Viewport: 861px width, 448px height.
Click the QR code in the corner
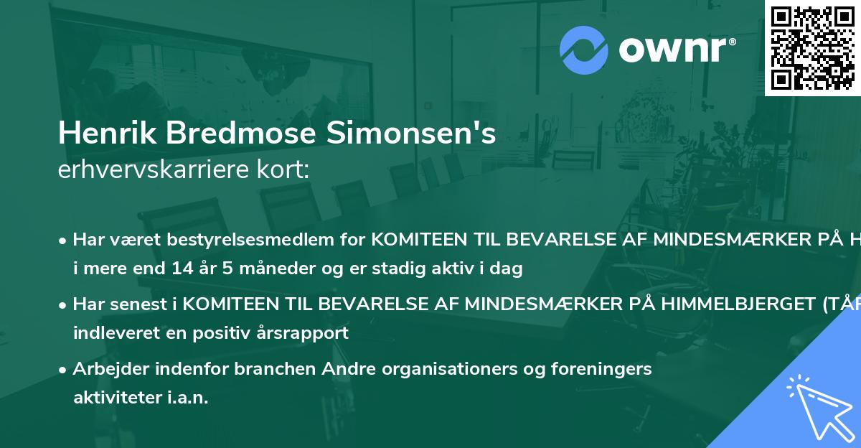click(812, 47)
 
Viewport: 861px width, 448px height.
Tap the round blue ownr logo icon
click(584, 50)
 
